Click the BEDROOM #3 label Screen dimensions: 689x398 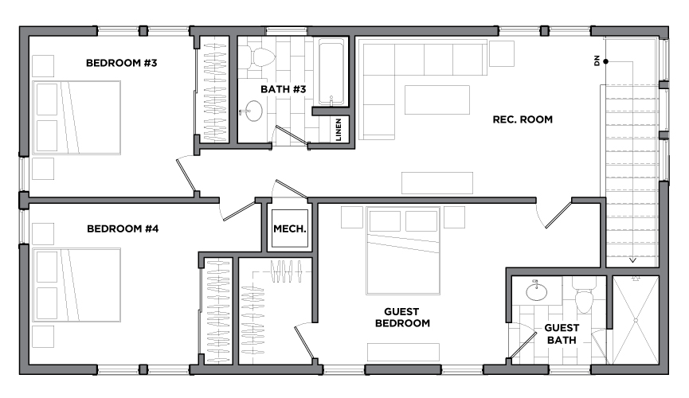coord(121,63)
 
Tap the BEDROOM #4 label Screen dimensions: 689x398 coord(123,228)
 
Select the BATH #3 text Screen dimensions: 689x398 coord(283,89)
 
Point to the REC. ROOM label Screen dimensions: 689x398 coord(523,119)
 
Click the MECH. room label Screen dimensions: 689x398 coord(290,229)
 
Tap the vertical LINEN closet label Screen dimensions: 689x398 coord(339,130)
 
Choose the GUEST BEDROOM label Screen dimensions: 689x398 coord(402,318)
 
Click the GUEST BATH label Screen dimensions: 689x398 coord(562,334)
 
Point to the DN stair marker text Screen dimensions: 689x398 coord(597,60)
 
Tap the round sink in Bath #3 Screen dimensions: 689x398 coord(253,111)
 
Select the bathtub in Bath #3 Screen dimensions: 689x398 coord(331,72)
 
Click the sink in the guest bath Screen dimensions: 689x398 coord(537,291)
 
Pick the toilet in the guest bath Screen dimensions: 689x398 coord(585,297)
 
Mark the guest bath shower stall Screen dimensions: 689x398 coord(636,320)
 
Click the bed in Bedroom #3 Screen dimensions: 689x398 coord(76,117)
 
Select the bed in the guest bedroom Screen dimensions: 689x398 coord(403,251)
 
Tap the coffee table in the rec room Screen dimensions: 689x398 coord(436,99)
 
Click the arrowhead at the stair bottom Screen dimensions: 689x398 coord(632,260)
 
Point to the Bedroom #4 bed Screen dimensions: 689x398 coord(76,285)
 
